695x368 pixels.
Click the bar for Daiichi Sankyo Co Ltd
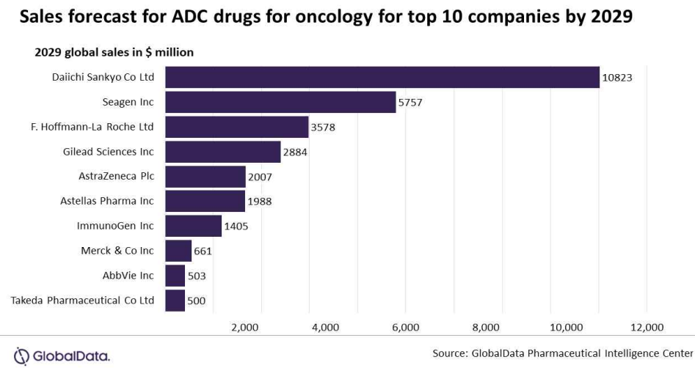pyautogui.click(x=382, y=78)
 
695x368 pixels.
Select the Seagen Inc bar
pyautogui.click(x=280, y=103)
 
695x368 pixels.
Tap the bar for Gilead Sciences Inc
pyautogui.click(x=223, y=152)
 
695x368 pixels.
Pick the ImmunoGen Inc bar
pyautogui.click(x=194, y=227)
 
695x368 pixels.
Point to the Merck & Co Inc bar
pyautogui.click(x=178, y=251)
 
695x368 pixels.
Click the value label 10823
pyautogui.click(x=617, y=78)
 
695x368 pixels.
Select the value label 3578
pyautogui.click(x=323, y=128)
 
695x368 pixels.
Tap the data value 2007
pyautogui.click(x=260, y=177)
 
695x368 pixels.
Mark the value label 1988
pyautogui.click(x=259, y=202)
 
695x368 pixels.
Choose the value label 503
pyautogui.click(x=197, y=276)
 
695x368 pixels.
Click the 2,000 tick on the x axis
pyautogui.click(x=244, y=328)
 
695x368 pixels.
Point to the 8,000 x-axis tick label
pyautogui.click(x=486, y=328)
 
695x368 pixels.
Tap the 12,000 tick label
pyautogui.click(x=647, y=328)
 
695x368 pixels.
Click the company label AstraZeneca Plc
pyautogui.click(x=117, y=176)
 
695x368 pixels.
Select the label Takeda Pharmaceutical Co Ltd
pyautogui.click(x=82, y=301)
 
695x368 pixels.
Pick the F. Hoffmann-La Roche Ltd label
pyautogui.click(x=92, y=127)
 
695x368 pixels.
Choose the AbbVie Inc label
pyautogui.click(x=128, y=276)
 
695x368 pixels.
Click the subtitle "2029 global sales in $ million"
pyautogui.click(x=114, y=52)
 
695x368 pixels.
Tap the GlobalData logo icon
pyautogui.click(x=21, y=356)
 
